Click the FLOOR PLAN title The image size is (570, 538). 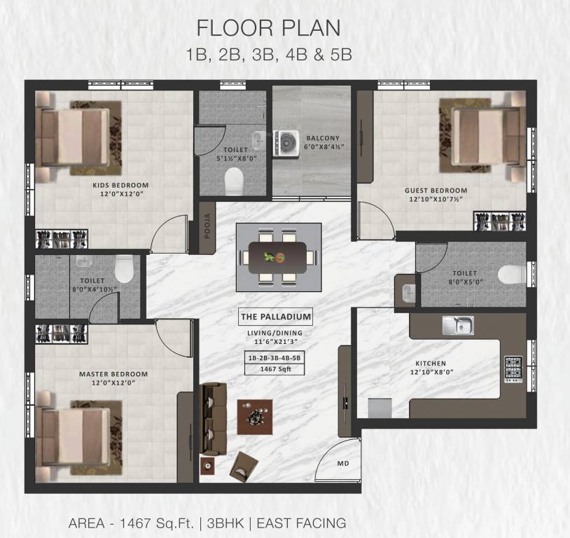(x=268, y=28)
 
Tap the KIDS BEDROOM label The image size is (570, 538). (x=120, y=185)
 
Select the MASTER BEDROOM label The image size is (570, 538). (x=113, y=374)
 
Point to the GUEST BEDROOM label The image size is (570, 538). (x=436, y=191)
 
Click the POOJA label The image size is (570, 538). (x=207, y=226)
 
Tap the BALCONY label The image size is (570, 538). (x=323, y=138)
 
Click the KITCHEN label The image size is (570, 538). (x=431, y=363)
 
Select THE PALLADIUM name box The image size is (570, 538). (x=276, y=317)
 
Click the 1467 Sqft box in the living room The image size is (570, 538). (x=275, y=369)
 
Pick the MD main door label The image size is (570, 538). (x=343, y=464)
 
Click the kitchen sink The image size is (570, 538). (x=458, y=325)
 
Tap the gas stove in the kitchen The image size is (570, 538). (x=513, y=369)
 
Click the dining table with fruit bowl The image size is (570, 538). (x=278, y=258)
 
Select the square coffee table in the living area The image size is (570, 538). (x=255, y=417)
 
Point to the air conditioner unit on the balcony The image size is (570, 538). (x=286, y=144)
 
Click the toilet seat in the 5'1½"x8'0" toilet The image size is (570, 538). (x=234, y=181)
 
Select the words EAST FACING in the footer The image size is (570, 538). (x=301, y=523)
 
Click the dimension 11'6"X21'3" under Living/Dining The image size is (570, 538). (x=275, y=342)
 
